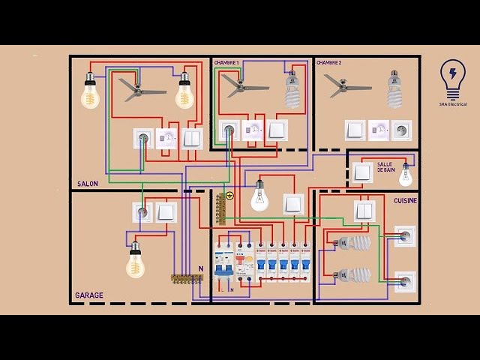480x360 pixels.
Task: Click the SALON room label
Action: coord(88,184)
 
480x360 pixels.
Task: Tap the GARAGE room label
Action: coord(89,295)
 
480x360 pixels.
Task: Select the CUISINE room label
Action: coord(405,201)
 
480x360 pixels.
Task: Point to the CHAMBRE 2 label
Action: coord(329,63)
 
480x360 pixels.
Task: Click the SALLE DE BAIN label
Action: coord(385,167)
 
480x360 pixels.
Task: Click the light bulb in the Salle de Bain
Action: coord(406,175)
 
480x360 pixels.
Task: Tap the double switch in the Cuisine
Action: coord(364,211)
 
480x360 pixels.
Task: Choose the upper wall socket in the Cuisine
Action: coord(405,236)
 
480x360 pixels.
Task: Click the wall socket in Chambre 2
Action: coord(402,130)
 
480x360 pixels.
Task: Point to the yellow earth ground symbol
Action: coord(229,196)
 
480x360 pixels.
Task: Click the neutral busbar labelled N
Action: coord(186,278)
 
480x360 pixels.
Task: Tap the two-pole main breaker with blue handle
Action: coord(223,265)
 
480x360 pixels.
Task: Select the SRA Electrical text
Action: coord(454,105)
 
